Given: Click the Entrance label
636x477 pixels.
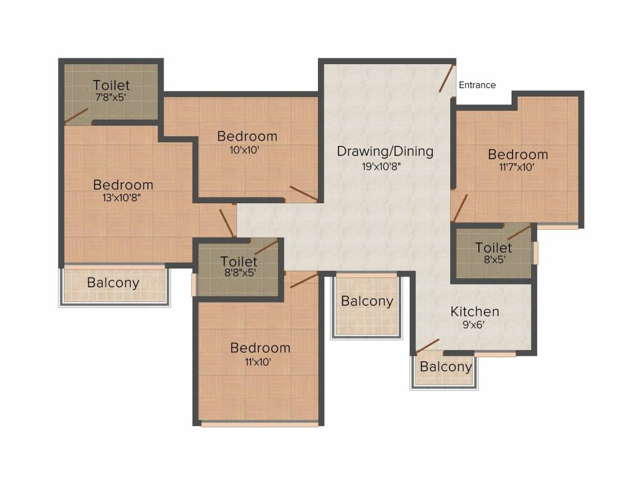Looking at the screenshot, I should tap(477, 85).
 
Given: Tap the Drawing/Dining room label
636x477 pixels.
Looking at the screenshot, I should tap(385, 151).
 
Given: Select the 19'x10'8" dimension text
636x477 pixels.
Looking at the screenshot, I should tap(385, 166).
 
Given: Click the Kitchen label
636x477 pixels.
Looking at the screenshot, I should tap(475, 312).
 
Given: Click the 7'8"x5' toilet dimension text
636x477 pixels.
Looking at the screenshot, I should tap(111, 98).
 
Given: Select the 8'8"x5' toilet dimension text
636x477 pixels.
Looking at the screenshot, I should tap(239, 272).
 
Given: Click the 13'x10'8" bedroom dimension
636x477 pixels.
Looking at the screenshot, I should tap(123, 198).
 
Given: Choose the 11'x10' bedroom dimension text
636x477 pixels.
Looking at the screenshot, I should tap(260, 361).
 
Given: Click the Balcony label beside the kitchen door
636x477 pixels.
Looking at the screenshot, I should tap(446, 367).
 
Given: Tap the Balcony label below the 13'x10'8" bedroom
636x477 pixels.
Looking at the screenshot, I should tap(113, 283).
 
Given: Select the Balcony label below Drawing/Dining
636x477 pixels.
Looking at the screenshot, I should tap(367, 302).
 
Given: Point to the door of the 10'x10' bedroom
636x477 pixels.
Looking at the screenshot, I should tap(304, 194).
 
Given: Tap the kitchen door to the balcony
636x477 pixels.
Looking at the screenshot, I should tap(427, 345).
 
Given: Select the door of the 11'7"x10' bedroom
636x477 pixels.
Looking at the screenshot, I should tap(460, 207).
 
